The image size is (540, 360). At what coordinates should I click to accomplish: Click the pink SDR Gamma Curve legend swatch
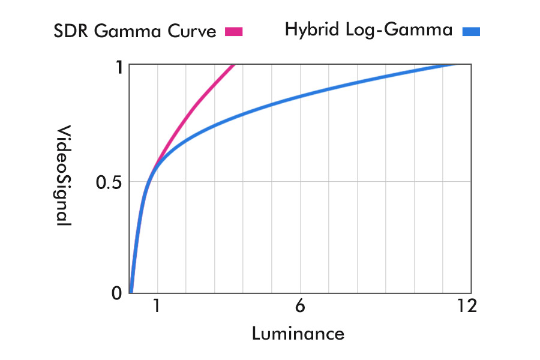(233, 32)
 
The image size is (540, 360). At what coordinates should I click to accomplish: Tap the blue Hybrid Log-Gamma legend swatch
(471, 32)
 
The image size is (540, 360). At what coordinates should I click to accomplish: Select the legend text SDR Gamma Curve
(135, 31)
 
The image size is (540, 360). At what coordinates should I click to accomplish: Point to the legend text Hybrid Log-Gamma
(368, 29)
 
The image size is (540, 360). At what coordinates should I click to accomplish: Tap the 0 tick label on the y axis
(118, 293)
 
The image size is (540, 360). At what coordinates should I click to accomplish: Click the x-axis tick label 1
(157, 306)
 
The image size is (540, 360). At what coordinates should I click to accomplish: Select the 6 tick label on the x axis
(300, 306)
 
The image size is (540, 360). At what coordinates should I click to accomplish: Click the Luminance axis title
(298, 333)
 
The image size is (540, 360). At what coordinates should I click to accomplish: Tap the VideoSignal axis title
(64, 175)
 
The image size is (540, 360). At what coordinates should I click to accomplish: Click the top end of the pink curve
(233, 65)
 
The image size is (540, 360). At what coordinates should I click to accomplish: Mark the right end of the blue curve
(456, 65)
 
